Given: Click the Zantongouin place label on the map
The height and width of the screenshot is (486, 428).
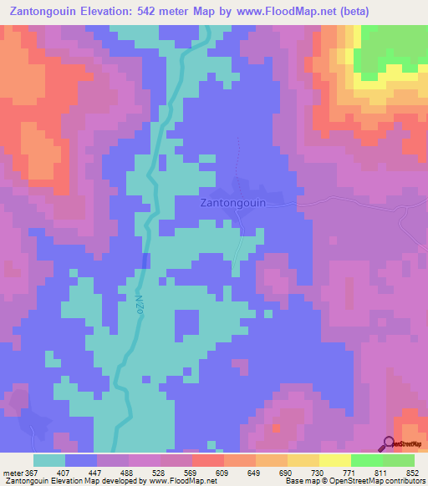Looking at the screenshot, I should (x=233, y=202).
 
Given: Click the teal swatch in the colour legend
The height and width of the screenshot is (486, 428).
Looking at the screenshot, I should (x=49, y=459).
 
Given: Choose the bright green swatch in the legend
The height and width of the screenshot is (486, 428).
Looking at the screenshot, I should (x=367, y=459).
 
